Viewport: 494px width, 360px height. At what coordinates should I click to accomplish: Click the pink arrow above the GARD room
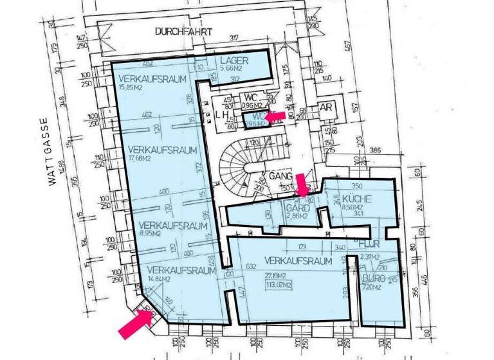tap(301, 183)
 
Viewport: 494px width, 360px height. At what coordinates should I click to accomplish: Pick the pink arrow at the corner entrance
tap(136, 323)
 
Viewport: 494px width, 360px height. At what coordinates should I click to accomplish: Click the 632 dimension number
tap(252, 267)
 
